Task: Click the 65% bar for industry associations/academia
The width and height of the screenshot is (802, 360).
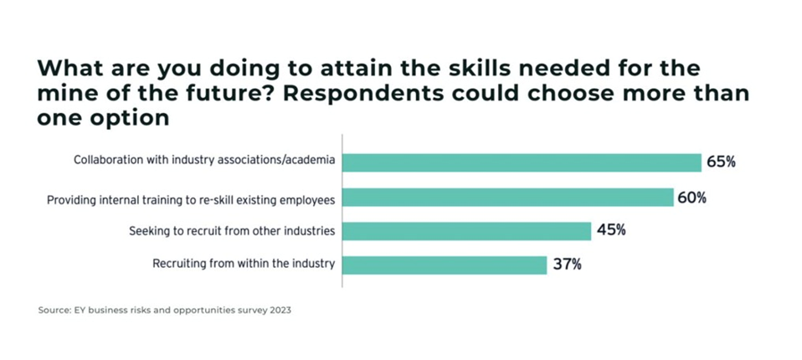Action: click(522, 162)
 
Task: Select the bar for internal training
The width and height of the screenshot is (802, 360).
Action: click(508, 198)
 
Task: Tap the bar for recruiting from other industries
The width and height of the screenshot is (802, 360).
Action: click(466, 231)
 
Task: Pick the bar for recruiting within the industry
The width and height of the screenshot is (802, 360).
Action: click(445, 265)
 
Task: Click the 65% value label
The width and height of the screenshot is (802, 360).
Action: click(721, 162)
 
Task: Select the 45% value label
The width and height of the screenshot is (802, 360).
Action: click(611, 230)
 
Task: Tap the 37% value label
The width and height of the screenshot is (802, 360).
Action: click(567, 265)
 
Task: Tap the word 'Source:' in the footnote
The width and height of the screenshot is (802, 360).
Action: click(54, 311)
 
